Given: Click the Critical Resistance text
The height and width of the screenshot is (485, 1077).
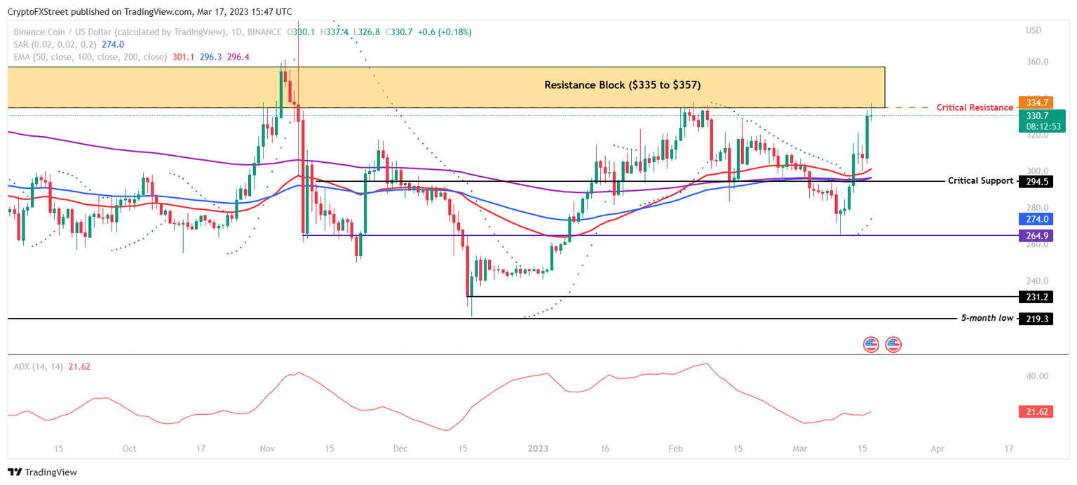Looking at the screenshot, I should (975, 107).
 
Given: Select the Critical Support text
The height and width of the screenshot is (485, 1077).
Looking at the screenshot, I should (980, 181).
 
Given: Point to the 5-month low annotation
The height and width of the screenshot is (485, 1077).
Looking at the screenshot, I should (987, 319).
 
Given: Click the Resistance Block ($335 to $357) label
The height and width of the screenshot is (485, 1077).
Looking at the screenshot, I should (622, 85).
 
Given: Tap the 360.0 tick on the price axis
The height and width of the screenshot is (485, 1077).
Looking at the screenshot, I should (1036, 62).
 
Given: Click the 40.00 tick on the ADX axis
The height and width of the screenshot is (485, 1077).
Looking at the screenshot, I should (1037, 376).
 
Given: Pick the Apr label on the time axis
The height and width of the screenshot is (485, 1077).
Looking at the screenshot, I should (937, 448).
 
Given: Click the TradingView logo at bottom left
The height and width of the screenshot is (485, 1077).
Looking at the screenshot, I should (42, 472).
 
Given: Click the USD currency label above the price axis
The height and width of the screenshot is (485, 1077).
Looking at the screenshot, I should (1034, 30).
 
